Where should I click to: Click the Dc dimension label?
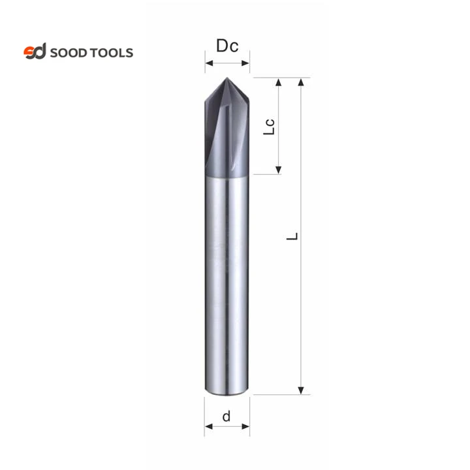pyautogui.click(x=227, y=47)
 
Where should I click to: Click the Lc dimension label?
pyautogui.click(x=267, y=127)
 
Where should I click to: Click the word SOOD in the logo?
pyautogui.click(x=70, y=52)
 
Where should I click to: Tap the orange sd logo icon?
pyautogui.click(x=35, y=52)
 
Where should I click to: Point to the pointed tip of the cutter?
pyautogui.click(x=227, y=79)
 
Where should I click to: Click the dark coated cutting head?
pyautogui.click(x=227, y=131)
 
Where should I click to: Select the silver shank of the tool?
pyautogui.click(x=227, y=281)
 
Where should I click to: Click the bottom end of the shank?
pyautogui.click(x=227, y=393)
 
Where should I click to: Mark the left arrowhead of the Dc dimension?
pyautogui.click(x=208, y=63)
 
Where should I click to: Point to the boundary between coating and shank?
pyautogui.click(x=227, y=176)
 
